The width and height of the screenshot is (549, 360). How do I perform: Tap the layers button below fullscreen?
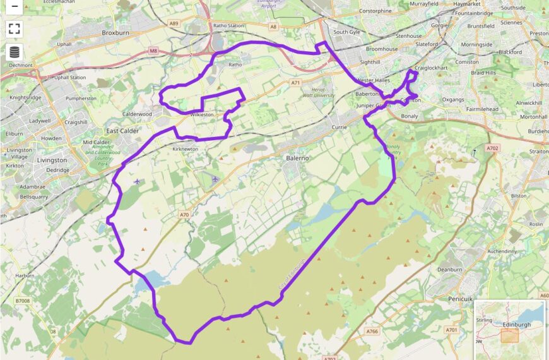click(x=15, y=52)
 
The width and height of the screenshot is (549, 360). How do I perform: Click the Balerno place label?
click(x=297, y=158)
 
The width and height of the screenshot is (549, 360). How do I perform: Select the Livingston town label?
click(x=52, y=160)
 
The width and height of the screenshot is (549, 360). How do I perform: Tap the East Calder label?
click(x=122, y=131)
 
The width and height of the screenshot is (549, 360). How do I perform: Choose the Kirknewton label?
click(x=185, y=149)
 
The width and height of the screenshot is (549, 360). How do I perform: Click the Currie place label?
click(x=339, y=128)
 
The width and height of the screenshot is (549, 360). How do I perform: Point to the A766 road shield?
click(x=372, y=330)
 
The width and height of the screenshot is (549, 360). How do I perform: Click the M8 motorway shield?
click(x=153, y=50)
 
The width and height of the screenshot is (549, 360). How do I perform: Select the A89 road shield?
click(x=174, y=23)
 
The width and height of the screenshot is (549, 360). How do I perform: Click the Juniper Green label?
click(x=374, y=105)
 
